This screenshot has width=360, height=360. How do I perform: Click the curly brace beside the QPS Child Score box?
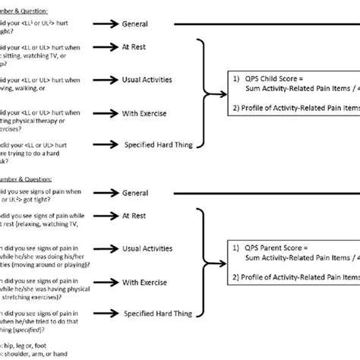pos(207,93)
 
